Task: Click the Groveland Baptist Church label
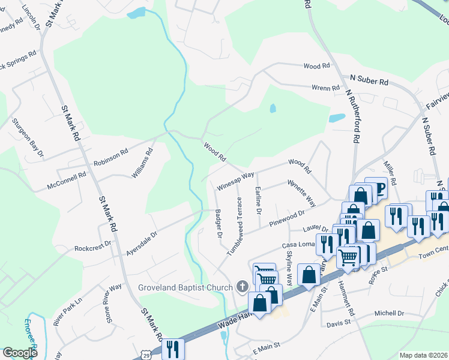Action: [x=185, y=287]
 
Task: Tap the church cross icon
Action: [x=243, y=287]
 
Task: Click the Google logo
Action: [x=20, y=353]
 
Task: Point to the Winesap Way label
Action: [x=236, y=181]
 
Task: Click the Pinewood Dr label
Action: [x=287, y=217]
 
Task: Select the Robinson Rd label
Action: [x=111, y=158]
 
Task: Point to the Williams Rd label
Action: [x=142, y=163]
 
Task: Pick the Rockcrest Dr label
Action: [x=93, y=246]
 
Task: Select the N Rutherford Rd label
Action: [x=352, y=116]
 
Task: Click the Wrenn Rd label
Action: [x=326, y=88]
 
